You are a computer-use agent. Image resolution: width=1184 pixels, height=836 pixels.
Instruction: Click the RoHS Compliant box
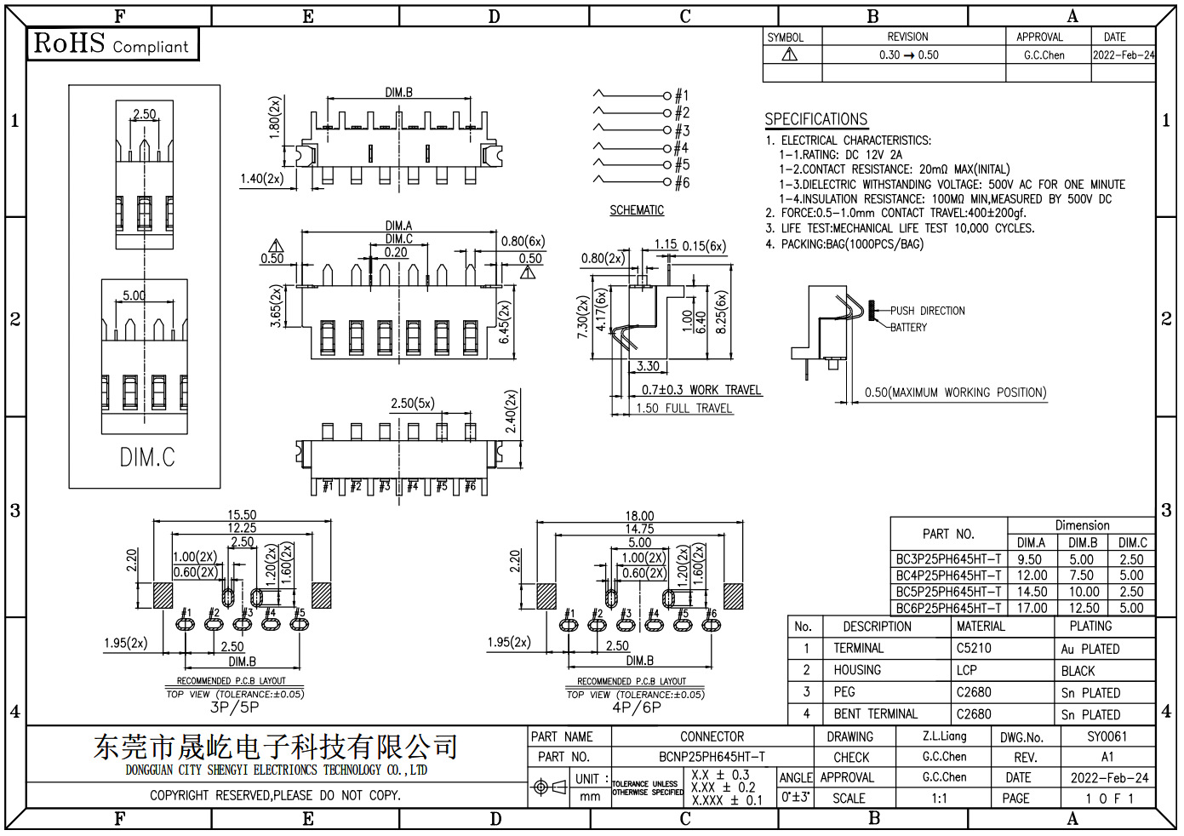pyautogui.click(x=112, y=44)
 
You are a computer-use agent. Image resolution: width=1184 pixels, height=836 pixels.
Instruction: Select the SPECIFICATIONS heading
pyautogui.click(x=816, y=119)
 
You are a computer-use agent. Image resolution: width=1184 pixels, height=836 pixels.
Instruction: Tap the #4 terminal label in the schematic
pyautogui.click(x=681, y=148)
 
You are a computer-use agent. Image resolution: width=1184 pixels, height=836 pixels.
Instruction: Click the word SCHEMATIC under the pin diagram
pyautogui.click(x=637, y=210)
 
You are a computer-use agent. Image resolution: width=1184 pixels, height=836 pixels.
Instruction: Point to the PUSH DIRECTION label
pyautogui.click(x=928, y=311)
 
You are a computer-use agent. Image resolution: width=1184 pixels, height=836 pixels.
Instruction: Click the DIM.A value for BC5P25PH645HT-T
pyautogui.click(x=1032, y=592)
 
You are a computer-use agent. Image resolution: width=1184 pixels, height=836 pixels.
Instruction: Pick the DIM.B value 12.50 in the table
pyautogui.click(x=1084, y=608)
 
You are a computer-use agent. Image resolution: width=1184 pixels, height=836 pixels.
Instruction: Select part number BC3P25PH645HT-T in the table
pyautogui.click(x=948, y=559)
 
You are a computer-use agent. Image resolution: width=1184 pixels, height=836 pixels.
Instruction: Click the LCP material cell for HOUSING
pyautogui.click(x=966, y=671)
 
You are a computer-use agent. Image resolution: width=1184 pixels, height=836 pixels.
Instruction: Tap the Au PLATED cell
pyautogui.click(x=1090, y=649)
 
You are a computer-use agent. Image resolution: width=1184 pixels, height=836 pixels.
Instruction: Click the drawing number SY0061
pyautogui.click(x=1107, y=736)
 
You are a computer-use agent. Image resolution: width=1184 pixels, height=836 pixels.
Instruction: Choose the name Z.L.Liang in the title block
pyautogui.click(x=944, y=736)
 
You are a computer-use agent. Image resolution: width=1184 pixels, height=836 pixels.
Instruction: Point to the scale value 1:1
pyautogui.click(x=939, y=798)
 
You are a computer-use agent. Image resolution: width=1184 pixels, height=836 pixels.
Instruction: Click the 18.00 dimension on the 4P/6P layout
pyautogui.click(x=639, y=516)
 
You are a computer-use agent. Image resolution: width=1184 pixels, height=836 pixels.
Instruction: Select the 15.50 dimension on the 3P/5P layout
pyautogui.click(x=242, y=514)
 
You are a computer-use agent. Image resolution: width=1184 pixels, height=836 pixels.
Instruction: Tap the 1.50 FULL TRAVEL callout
pyautogui.click(x=684, y=409)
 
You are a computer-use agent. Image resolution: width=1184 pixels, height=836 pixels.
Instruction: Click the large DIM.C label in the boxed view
pyautogui.click(x=147, y=458)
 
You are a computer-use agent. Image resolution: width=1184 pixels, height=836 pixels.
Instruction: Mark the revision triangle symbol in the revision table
pyautogui.click(x=789, y=54)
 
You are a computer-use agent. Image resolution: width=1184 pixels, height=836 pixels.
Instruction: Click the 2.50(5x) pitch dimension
pyautogui.click(x=412, y=404)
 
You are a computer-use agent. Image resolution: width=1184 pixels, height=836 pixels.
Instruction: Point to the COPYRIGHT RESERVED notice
pyautogui.click(x=275, y=795)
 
